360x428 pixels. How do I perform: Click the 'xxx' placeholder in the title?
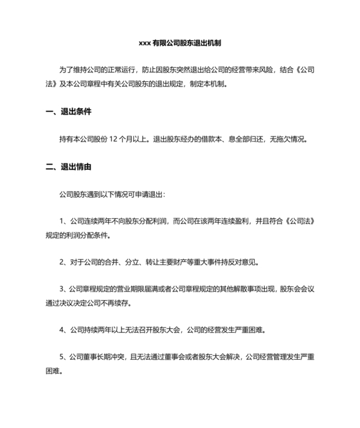tap(145, 43)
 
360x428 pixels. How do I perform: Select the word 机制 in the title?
tap(214, 43)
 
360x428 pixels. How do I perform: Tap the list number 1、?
tap(63, 221)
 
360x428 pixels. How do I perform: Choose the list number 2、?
tap(63, 262)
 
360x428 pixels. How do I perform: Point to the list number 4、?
tap(63, 330)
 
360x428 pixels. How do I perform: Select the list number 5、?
tap(63, 357)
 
